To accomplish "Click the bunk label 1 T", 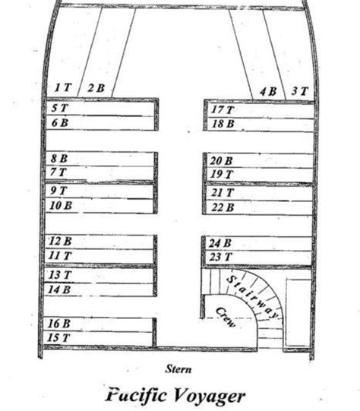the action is click(x=63, y=87).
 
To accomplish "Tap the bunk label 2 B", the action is click(x=96, y=88).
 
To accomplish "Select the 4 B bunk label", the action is click(x=268, y=91).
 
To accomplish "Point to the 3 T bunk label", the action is click(x=300, y=91).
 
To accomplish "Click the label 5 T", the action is click(x=60, y=108).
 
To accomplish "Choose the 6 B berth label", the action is click(x=60, y=122).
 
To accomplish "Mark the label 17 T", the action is click(x=223, y=109).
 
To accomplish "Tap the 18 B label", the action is click(x=223, y=124).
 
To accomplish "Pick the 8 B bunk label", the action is click(x=59, y=158).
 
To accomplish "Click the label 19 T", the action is click(x=222, y=174).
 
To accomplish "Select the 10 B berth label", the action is click(x=61, y=205).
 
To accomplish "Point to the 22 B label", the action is click(x=223, y=207).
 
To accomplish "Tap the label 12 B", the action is click(x=60, y=241).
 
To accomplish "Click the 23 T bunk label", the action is click(x=220, y=257).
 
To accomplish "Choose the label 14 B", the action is click(x=59, y=289).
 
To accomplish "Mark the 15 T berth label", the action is click(x=58, y=337).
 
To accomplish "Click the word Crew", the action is click(x=226, y=317).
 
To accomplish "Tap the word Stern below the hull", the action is click(x=178, y=369).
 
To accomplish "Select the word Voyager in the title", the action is click(x=208, y=396).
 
